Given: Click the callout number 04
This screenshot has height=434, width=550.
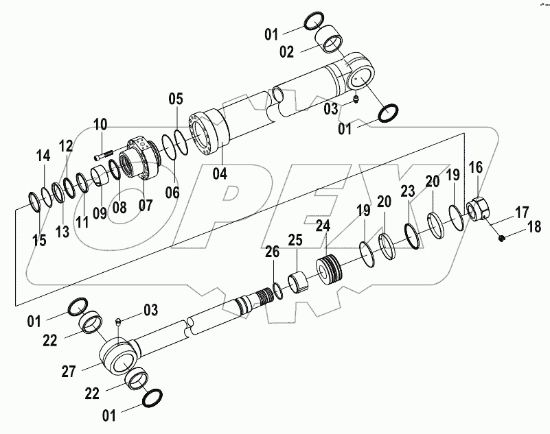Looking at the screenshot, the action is (x=219, y=173).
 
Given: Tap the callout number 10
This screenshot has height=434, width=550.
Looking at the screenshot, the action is (x=100, y=125).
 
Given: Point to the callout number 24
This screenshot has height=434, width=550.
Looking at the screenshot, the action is (x=323, y=226).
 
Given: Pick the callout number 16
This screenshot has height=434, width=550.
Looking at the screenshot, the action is (x=475, y=168).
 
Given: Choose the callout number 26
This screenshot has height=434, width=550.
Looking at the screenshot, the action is (x=273, y=253).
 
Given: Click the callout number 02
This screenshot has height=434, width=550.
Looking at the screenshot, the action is (x=287, y=52).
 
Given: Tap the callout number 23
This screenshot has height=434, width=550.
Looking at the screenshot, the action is (x=408, y=191).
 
